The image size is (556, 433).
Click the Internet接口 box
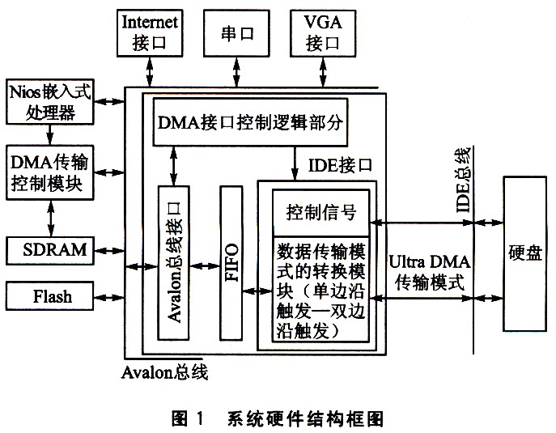[150, 33]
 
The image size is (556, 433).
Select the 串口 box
[236, 33]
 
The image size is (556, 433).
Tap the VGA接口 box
[323, 33]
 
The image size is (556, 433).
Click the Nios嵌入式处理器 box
[50, 102]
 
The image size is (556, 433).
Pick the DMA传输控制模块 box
[50, 172]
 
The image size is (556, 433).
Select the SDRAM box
[50, 251]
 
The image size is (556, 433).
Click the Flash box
[50, 296]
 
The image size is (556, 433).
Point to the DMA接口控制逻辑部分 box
[250, 122]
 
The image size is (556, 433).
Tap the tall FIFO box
[231, 263]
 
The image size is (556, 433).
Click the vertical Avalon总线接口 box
[173, 263]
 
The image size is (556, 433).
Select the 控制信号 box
[321, 213]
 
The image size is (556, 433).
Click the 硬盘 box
[524, 254]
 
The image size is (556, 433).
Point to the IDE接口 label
[340, 165]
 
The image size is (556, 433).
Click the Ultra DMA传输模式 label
[430, 273]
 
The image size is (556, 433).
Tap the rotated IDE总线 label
[464, 179]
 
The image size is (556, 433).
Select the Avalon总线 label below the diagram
[164, 372]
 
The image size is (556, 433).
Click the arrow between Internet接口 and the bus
[150, 72]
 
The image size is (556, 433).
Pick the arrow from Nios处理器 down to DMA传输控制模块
[50, 135]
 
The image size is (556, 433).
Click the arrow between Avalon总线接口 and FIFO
[205, 266]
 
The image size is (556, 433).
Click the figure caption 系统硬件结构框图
[306, 418]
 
